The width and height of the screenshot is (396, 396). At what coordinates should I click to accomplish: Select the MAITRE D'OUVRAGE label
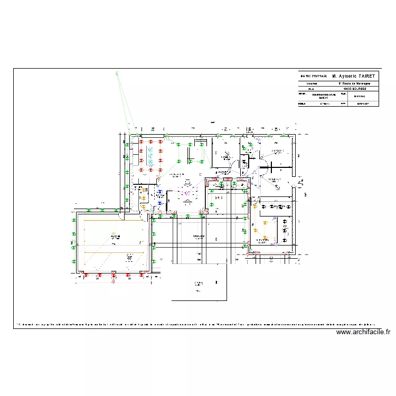click(314, 76)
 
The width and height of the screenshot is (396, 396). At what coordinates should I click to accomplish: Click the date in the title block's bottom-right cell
click(363, 104)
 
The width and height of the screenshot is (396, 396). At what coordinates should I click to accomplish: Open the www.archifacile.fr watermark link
click(363, 332)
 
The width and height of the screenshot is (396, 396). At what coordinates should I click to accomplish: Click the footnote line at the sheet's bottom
click(195, 324)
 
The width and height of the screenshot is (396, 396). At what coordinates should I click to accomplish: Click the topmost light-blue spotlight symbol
click(150, 143)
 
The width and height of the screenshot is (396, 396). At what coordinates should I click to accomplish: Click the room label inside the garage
click(115, 237)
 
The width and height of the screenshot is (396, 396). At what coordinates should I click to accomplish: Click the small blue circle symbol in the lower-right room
click(275, 218)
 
